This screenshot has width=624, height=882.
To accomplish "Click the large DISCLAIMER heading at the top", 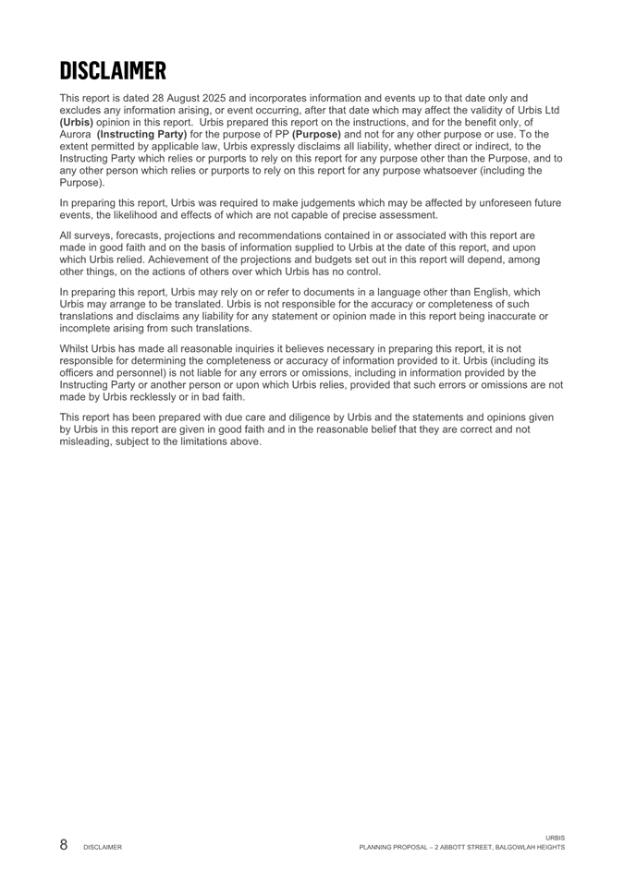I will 113,69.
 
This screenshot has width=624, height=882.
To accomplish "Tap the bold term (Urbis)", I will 77,122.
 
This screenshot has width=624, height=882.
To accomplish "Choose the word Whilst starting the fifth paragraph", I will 76,349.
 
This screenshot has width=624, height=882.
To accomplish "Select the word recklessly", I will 151,397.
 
